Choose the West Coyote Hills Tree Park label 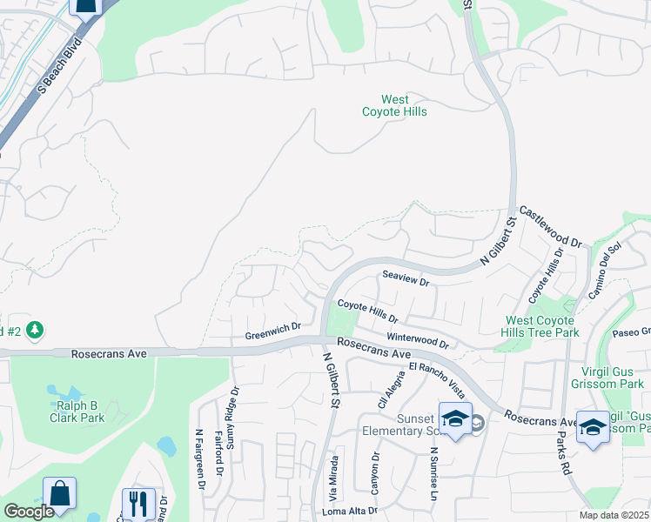coord(542,327)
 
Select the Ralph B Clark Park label coord(80,412)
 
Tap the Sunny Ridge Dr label coord(232,418)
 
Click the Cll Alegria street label coord(382,390)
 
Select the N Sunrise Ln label coord(433,474)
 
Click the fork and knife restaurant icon coord(138,502)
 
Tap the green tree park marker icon coord(35,331)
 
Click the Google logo coord(29,512)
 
